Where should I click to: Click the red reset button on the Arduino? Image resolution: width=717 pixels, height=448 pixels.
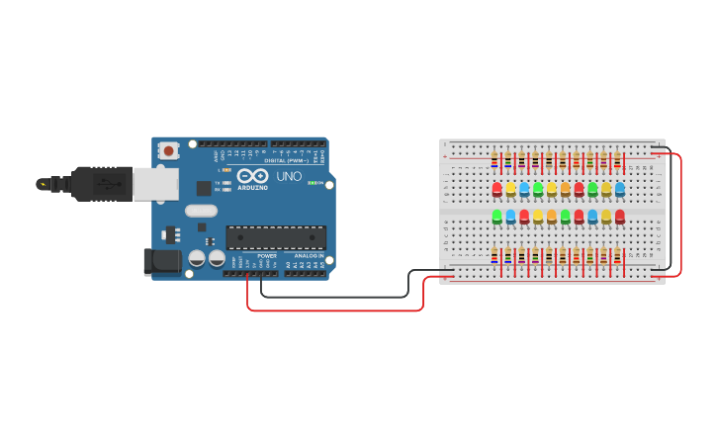[x=169, y=151]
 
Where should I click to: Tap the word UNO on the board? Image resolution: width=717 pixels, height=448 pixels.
[x=289, y=176]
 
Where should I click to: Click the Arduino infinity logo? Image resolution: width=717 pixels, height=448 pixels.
[x=252, y=176]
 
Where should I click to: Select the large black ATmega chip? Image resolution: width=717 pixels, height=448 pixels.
[x=276, y=237]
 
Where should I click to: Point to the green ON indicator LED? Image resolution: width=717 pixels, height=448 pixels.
[x=312, y=183]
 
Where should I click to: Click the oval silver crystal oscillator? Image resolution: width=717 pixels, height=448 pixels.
[x=200, y=210]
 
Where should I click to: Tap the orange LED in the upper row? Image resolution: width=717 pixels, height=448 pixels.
[x=566, y=188]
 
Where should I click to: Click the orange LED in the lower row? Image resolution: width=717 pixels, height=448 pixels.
[x=552, y=216]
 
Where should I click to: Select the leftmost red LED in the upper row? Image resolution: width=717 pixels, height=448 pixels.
[x=497, y=188]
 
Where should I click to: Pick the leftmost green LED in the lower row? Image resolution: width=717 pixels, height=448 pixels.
[x=497, y=216]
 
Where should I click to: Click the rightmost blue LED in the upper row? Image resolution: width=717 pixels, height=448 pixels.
[x=620, y=188]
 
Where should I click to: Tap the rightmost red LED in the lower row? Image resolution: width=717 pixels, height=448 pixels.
[x=620, y=216]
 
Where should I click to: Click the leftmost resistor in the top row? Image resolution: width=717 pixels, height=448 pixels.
[x=494, y=160]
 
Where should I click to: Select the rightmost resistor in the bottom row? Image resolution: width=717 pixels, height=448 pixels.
[x=618, y=256]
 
